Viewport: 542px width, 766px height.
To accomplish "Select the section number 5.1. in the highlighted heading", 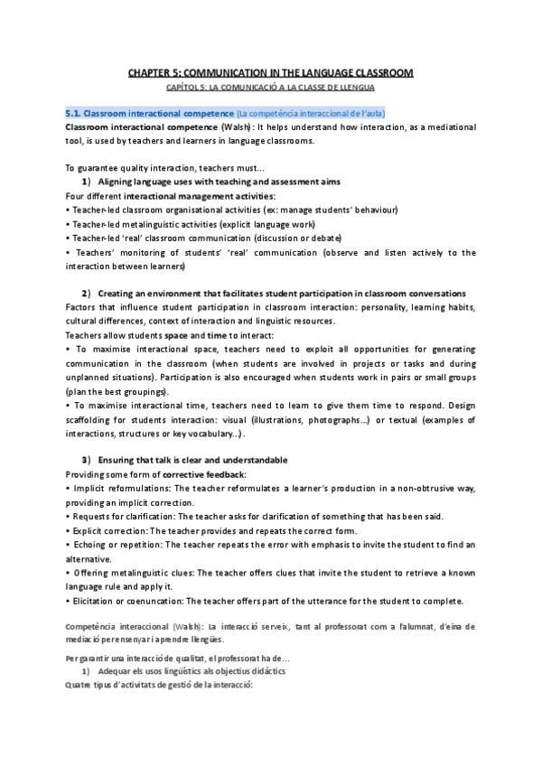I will click(74, 113).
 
